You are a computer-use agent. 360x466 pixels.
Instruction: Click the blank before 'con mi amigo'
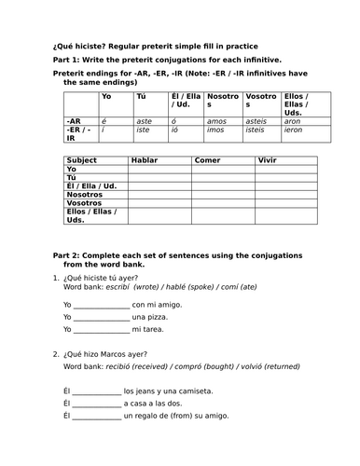[101, 305]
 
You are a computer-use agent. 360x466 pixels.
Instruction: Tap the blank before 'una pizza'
[101, 317]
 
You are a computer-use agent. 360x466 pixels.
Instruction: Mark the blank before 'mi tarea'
[101, 329]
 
